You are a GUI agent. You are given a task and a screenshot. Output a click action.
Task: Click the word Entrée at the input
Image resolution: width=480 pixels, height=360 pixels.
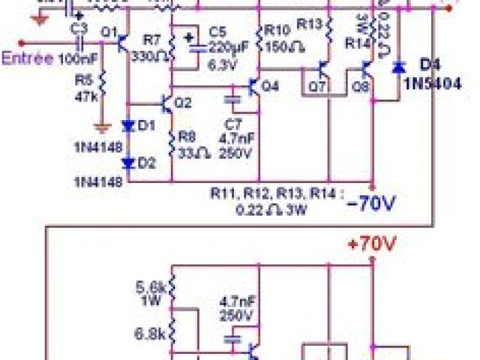(27, 58)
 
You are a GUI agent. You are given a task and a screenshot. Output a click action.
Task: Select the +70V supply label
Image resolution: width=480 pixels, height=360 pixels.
(373, 244)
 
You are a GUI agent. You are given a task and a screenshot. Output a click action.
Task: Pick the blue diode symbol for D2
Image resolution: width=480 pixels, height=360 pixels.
(129, 161)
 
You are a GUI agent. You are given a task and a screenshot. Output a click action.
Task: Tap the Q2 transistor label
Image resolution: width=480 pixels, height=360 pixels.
(183, 102)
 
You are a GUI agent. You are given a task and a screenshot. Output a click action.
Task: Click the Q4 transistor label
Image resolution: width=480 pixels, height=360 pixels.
(270, 86)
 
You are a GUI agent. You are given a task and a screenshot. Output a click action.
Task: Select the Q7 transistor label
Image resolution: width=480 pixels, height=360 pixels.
(317, 87)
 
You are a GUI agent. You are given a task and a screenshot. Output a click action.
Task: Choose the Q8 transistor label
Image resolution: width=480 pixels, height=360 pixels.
(361, 87)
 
